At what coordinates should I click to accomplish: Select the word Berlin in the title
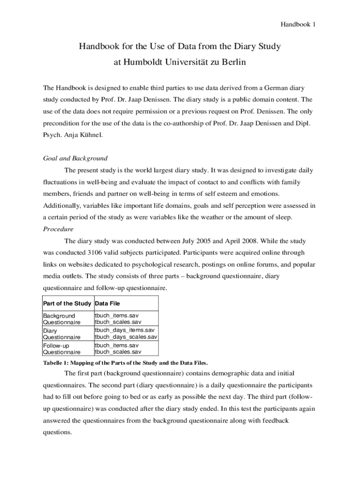click(x=230, y=62)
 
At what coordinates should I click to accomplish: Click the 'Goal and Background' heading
click(x=75, y=158)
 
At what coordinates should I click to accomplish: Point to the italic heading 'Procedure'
click(x=58, y=229)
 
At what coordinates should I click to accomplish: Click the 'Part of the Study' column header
click(x=67, y=304)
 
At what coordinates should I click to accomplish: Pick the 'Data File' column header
click(x=107, y=304)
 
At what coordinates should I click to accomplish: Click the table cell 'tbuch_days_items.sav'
click(x=124, y=330)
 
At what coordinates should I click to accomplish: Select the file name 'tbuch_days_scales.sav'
click(x=126, y=337)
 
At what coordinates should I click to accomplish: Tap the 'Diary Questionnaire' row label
click(x=62, y=333)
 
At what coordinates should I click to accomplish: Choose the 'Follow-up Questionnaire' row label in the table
click(x=62, y=348)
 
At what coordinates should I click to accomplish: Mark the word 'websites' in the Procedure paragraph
click(x=73, y=265)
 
